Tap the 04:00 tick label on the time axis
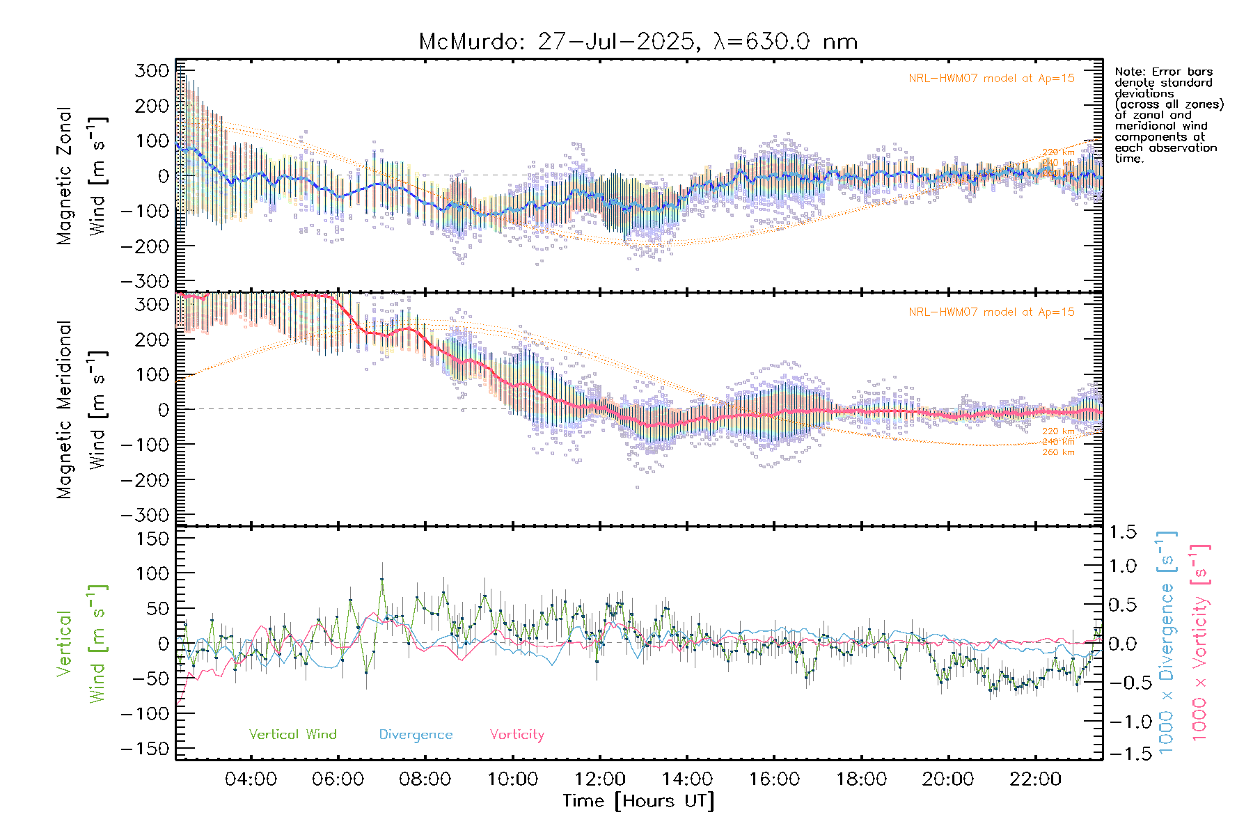click(251, 779)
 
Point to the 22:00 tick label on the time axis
click(1035, 779)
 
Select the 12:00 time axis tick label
click(600, 779)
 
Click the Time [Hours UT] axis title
click(638, 801)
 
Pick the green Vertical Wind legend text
click(292, 735)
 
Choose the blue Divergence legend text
click(416, 735)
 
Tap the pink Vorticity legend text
click(517, 735)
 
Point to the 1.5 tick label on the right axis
click(1123, 532)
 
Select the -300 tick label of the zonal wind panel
click(145, 281)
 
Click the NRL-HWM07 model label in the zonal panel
click(991, 79)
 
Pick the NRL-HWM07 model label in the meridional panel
click(991, 312)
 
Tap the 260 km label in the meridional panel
click(1058, 452)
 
